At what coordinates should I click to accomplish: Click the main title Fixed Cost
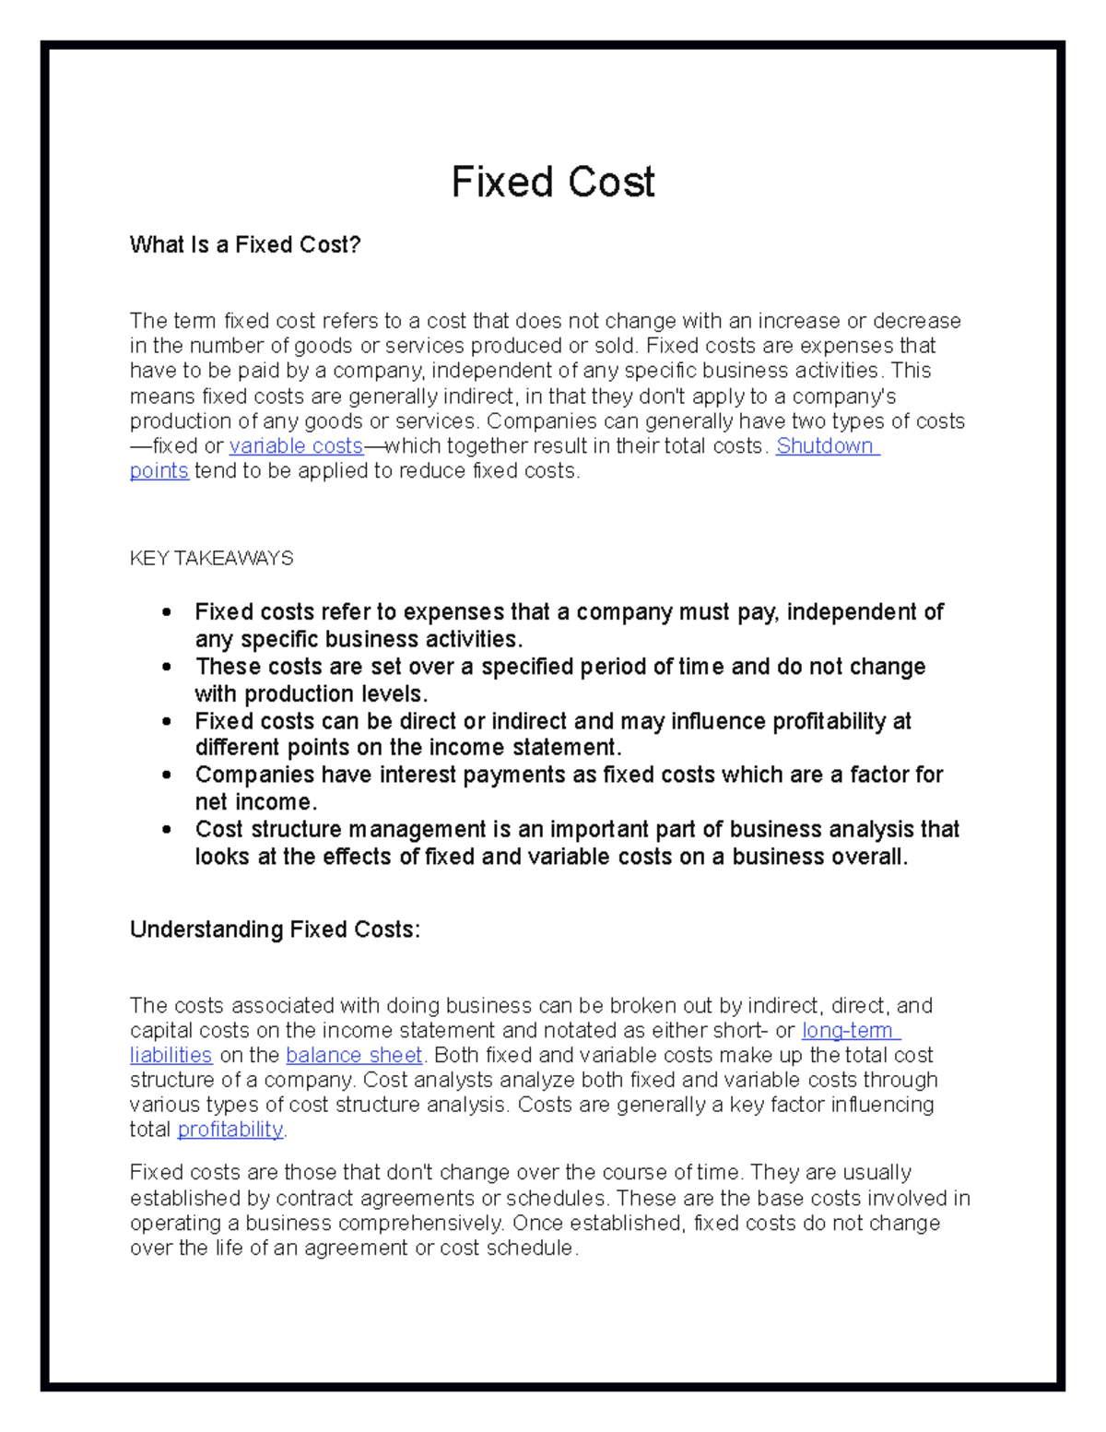tap(552, 182)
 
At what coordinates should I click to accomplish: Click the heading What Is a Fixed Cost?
tap(245, 244)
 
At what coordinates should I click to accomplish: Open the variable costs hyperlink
tap(296, 446)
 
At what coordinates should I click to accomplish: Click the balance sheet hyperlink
tap(354, 1055)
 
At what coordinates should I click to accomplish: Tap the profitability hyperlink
tap(230, 1130)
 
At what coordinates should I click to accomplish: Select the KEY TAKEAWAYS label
tap(211, 558)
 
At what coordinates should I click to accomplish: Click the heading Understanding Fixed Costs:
tap(275, 929)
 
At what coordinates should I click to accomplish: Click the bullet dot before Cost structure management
tap(166, 830)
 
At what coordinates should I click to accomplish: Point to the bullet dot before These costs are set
tap(166, 667)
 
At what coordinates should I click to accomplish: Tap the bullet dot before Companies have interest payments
tap(166, 775)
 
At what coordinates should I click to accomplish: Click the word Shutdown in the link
tap(825, 446)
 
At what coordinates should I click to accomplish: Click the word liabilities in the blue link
tap(171, 1055)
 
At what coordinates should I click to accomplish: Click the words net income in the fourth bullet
tap(253, 802)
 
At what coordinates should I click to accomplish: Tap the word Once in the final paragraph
tap(535, 1224)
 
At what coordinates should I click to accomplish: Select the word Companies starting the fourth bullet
tap(254, 775)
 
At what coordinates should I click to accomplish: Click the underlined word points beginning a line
tap(159, 471)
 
